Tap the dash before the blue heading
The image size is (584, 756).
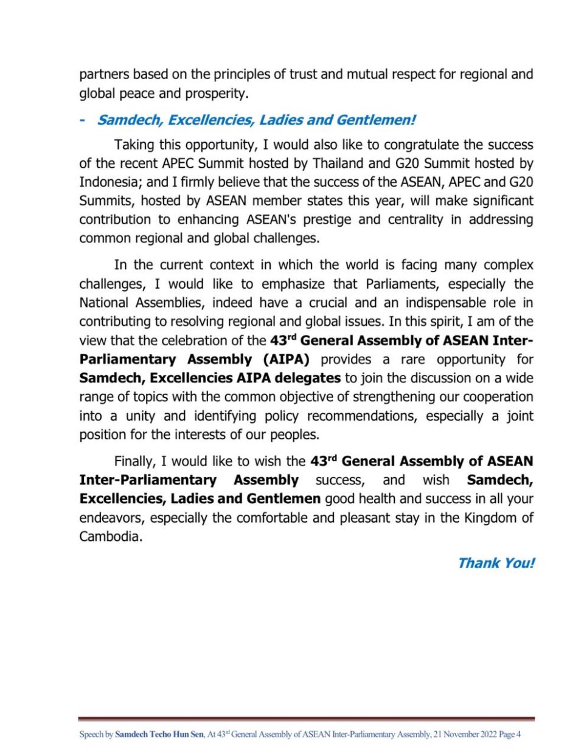82,120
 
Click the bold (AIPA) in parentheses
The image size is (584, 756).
286,360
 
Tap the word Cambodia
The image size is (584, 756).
110,537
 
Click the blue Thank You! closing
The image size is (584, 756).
496,563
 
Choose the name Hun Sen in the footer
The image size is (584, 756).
189,735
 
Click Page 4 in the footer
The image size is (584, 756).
510,735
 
